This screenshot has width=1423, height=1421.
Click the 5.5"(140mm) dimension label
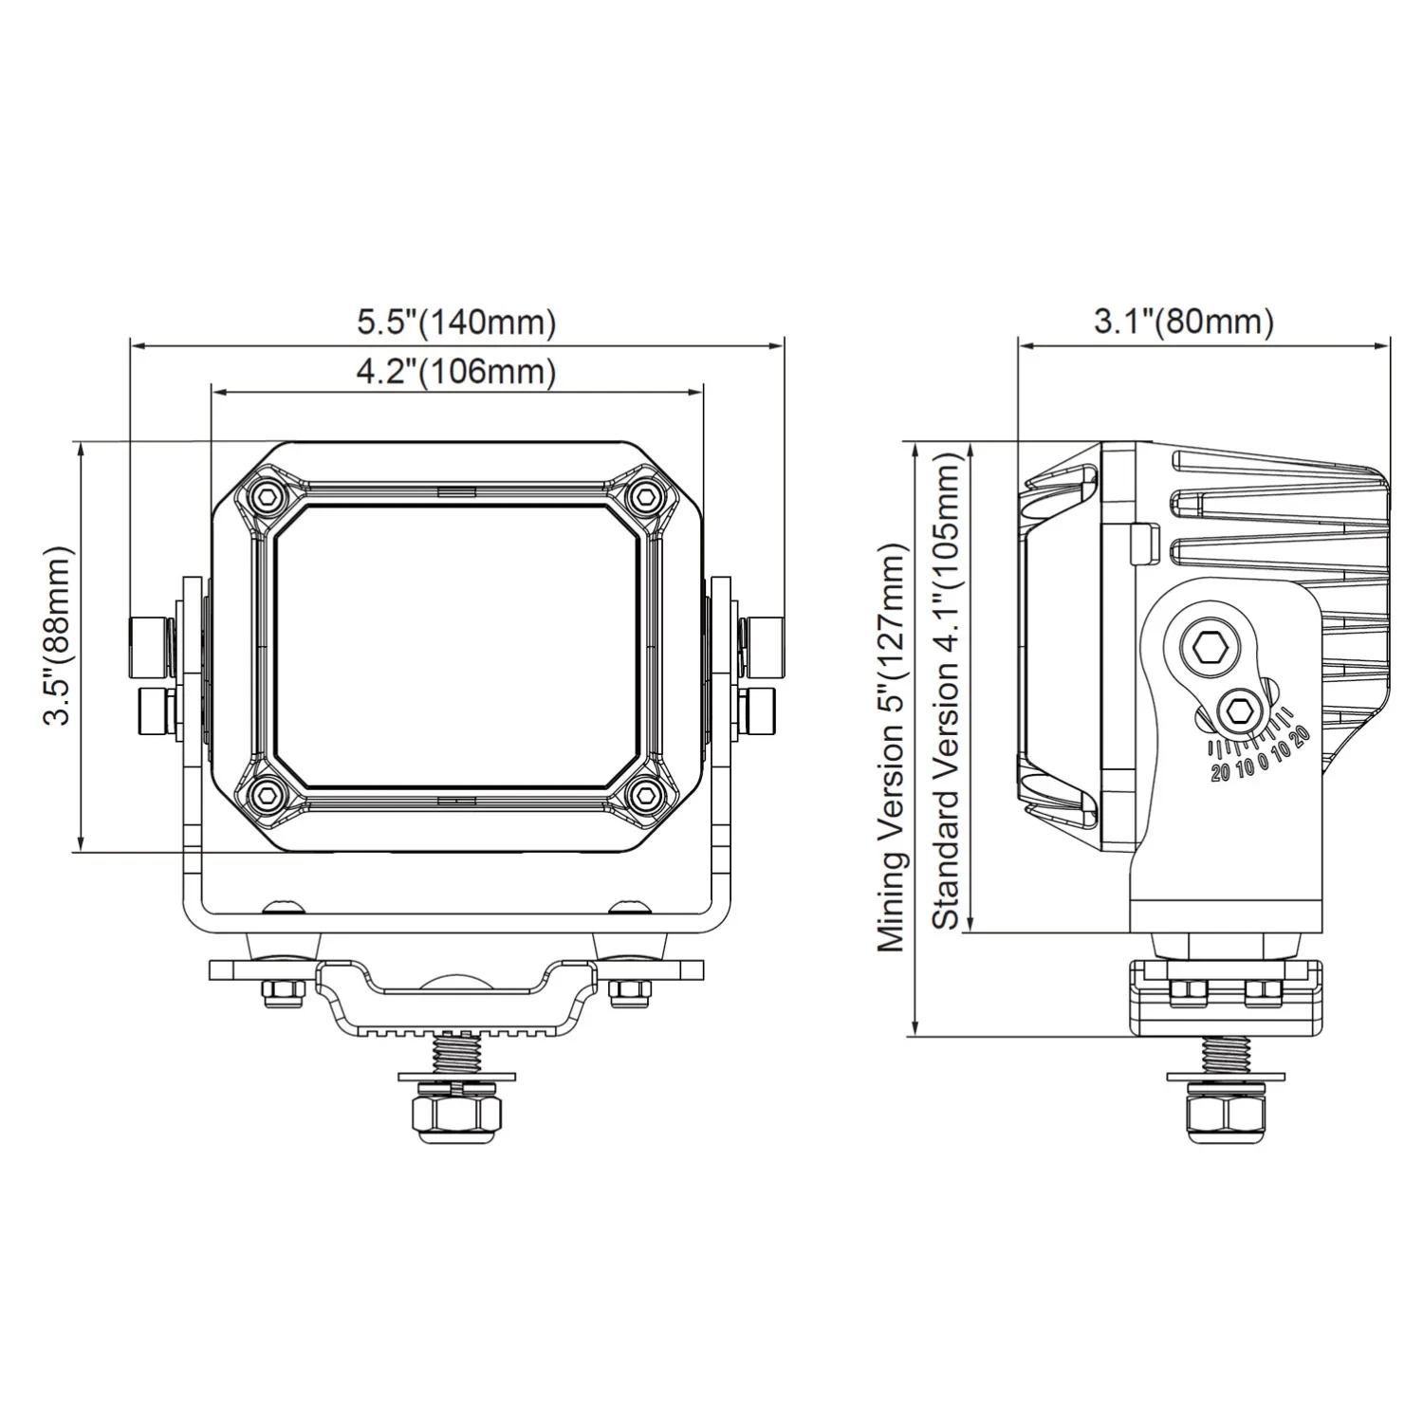455,323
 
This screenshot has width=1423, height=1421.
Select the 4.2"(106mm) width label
455,372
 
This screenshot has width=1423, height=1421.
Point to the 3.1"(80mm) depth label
1183,322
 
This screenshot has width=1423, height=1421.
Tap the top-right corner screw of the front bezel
647,495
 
